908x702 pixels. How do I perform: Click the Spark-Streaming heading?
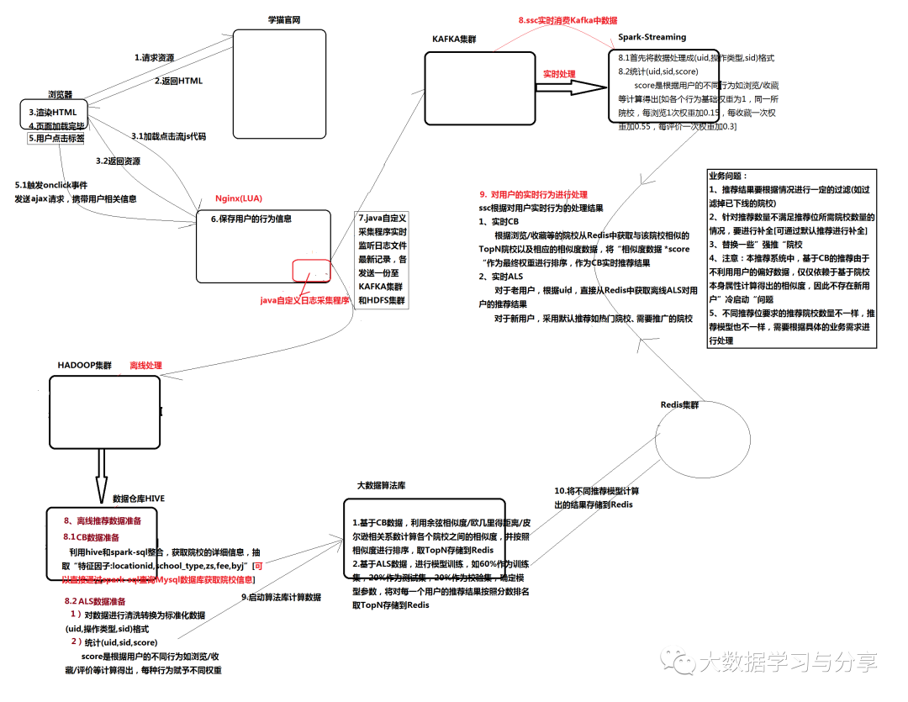[x=652, y=37]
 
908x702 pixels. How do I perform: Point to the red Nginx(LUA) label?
[x=239, y=198]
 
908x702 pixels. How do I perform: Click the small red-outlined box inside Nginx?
[x=311, y=270]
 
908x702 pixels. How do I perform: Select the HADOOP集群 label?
[x=85, y=366]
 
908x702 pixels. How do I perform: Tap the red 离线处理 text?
[x=145, y=366]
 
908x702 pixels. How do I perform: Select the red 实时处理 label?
[x=559, y=74]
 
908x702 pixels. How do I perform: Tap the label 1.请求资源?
[x=155, y=58]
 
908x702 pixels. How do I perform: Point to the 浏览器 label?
[x=60, y=95]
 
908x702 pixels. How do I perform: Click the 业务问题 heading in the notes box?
[x=728, y=177]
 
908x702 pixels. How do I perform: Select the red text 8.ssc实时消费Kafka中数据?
[x=567, y=18]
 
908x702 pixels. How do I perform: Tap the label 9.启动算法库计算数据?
[x=282, y=597]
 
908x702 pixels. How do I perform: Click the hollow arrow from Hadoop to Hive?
[x=101, y=474]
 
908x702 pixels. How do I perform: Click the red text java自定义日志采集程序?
[x=304, y=299]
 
